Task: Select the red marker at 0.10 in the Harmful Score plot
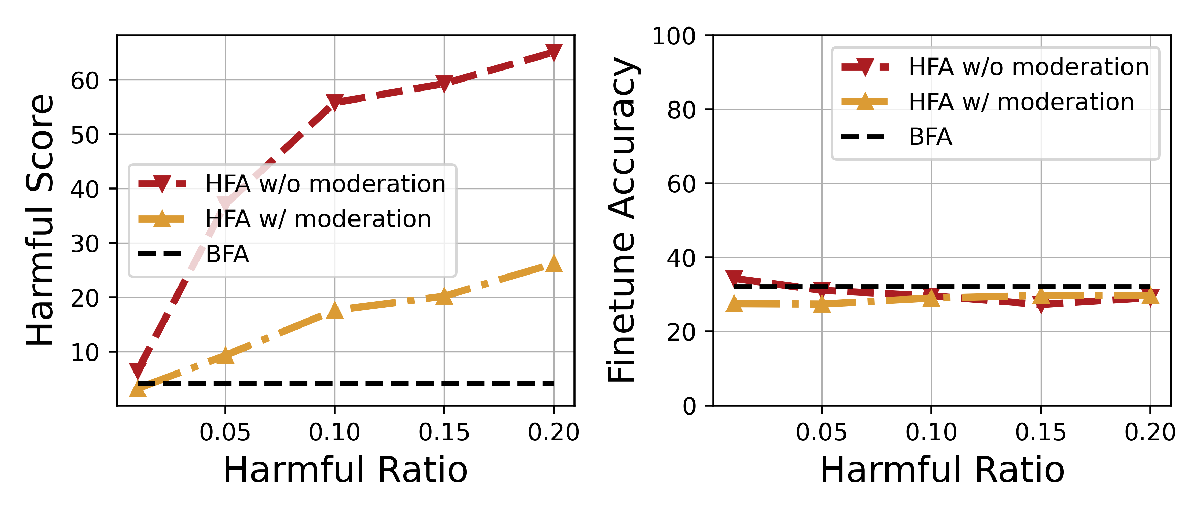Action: coord(335,102)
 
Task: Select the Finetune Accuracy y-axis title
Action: coord(622,220)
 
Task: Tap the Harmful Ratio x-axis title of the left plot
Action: coord(345,470)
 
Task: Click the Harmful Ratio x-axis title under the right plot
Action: coord(942,470)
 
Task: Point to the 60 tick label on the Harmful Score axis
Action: coord(85,81)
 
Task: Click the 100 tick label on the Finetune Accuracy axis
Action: coord(674,36)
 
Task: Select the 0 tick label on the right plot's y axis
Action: coord(689,406)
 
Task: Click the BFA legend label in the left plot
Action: coord(228,254)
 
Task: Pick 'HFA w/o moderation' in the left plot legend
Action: coord(326,184)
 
